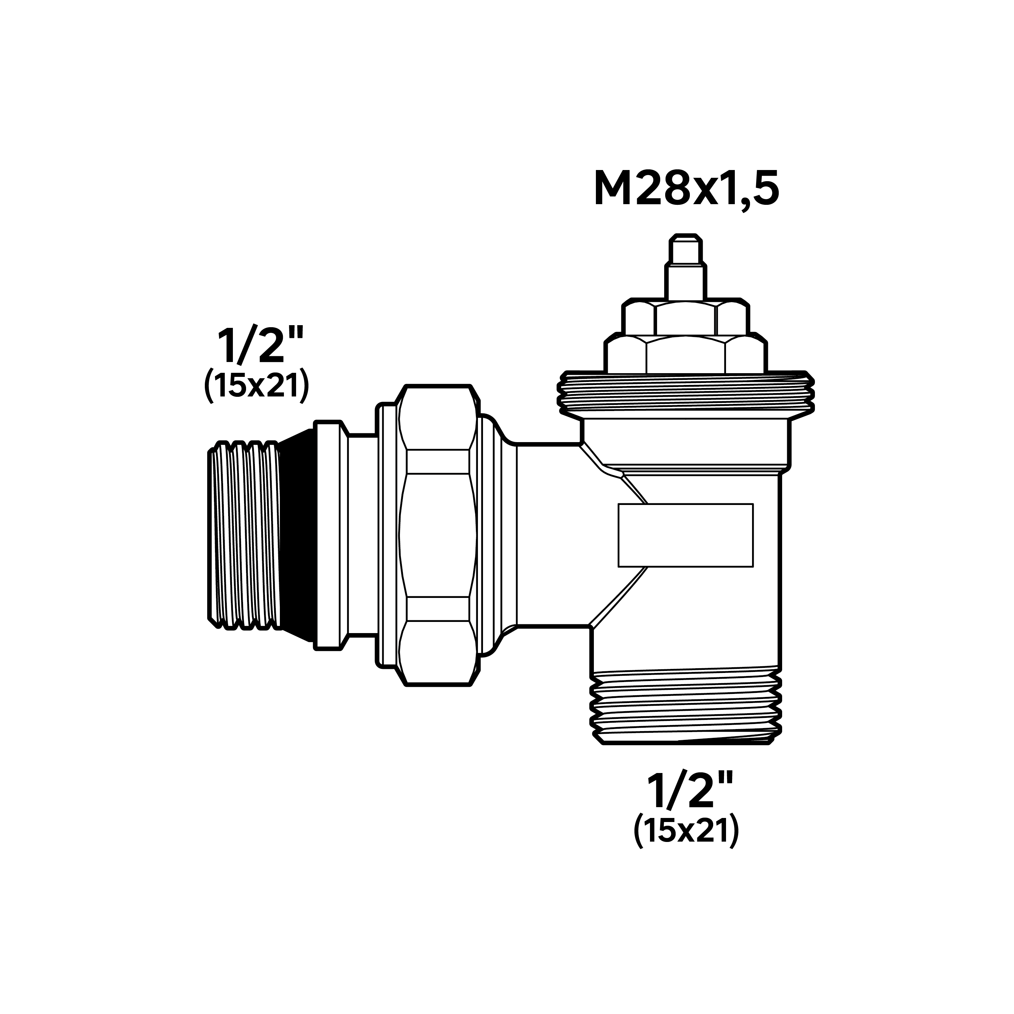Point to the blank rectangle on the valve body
point(685,535)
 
